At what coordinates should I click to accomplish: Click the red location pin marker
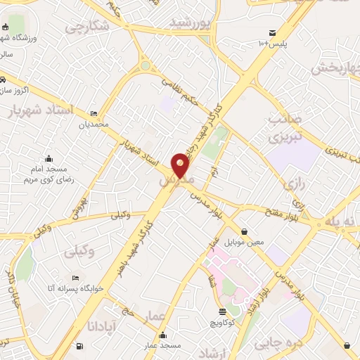181,165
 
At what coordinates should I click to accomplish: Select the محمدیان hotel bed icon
94,112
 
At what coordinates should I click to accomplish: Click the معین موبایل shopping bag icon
244,231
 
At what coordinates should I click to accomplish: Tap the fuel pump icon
78,345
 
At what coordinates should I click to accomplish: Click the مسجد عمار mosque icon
163,335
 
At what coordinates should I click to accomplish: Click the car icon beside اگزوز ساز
4,79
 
